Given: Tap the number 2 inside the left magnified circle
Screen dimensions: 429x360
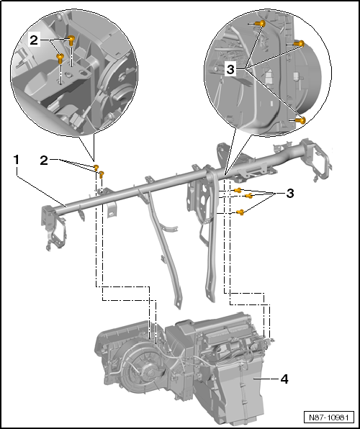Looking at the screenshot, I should (34, 41).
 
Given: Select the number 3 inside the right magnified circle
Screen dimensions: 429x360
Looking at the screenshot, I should (231, 68).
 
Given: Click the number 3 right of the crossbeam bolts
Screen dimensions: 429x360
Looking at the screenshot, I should (291, 194).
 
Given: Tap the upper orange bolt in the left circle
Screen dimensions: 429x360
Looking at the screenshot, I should (71, 40).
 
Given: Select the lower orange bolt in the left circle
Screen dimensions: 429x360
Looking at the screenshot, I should (60, 57).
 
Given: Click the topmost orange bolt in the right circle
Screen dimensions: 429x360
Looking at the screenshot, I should (261, 24).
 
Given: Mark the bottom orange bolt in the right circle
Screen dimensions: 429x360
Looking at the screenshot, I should (302, 119).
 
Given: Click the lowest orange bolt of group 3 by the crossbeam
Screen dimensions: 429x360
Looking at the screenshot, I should (240, 212).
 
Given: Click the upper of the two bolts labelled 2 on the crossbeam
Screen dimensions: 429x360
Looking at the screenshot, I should (96, 167).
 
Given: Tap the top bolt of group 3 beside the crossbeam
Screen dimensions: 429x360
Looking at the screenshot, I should (238, 190).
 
